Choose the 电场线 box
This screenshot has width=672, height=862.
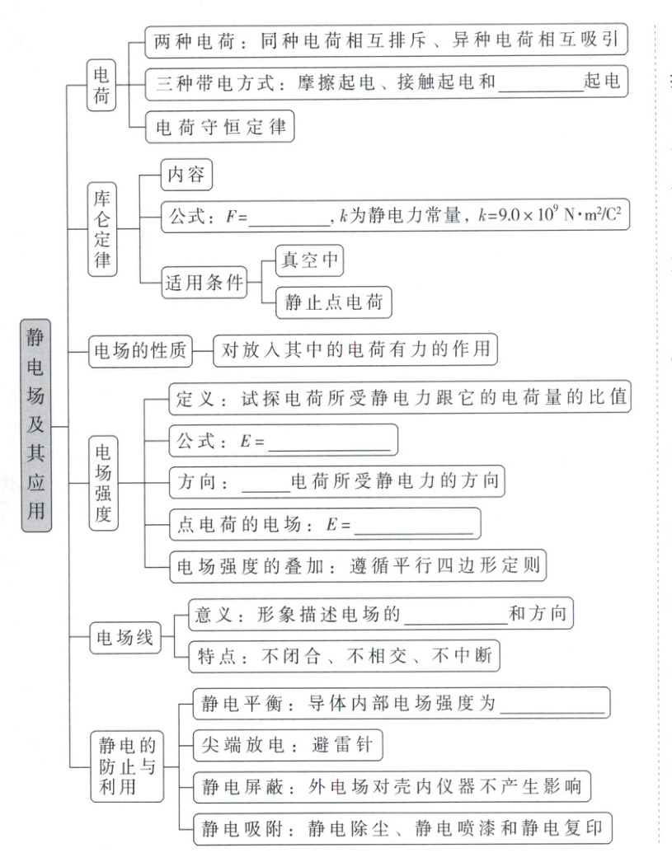coord(125,638)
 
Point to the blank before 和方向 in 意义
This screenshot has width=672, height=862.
coord(457,615)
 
